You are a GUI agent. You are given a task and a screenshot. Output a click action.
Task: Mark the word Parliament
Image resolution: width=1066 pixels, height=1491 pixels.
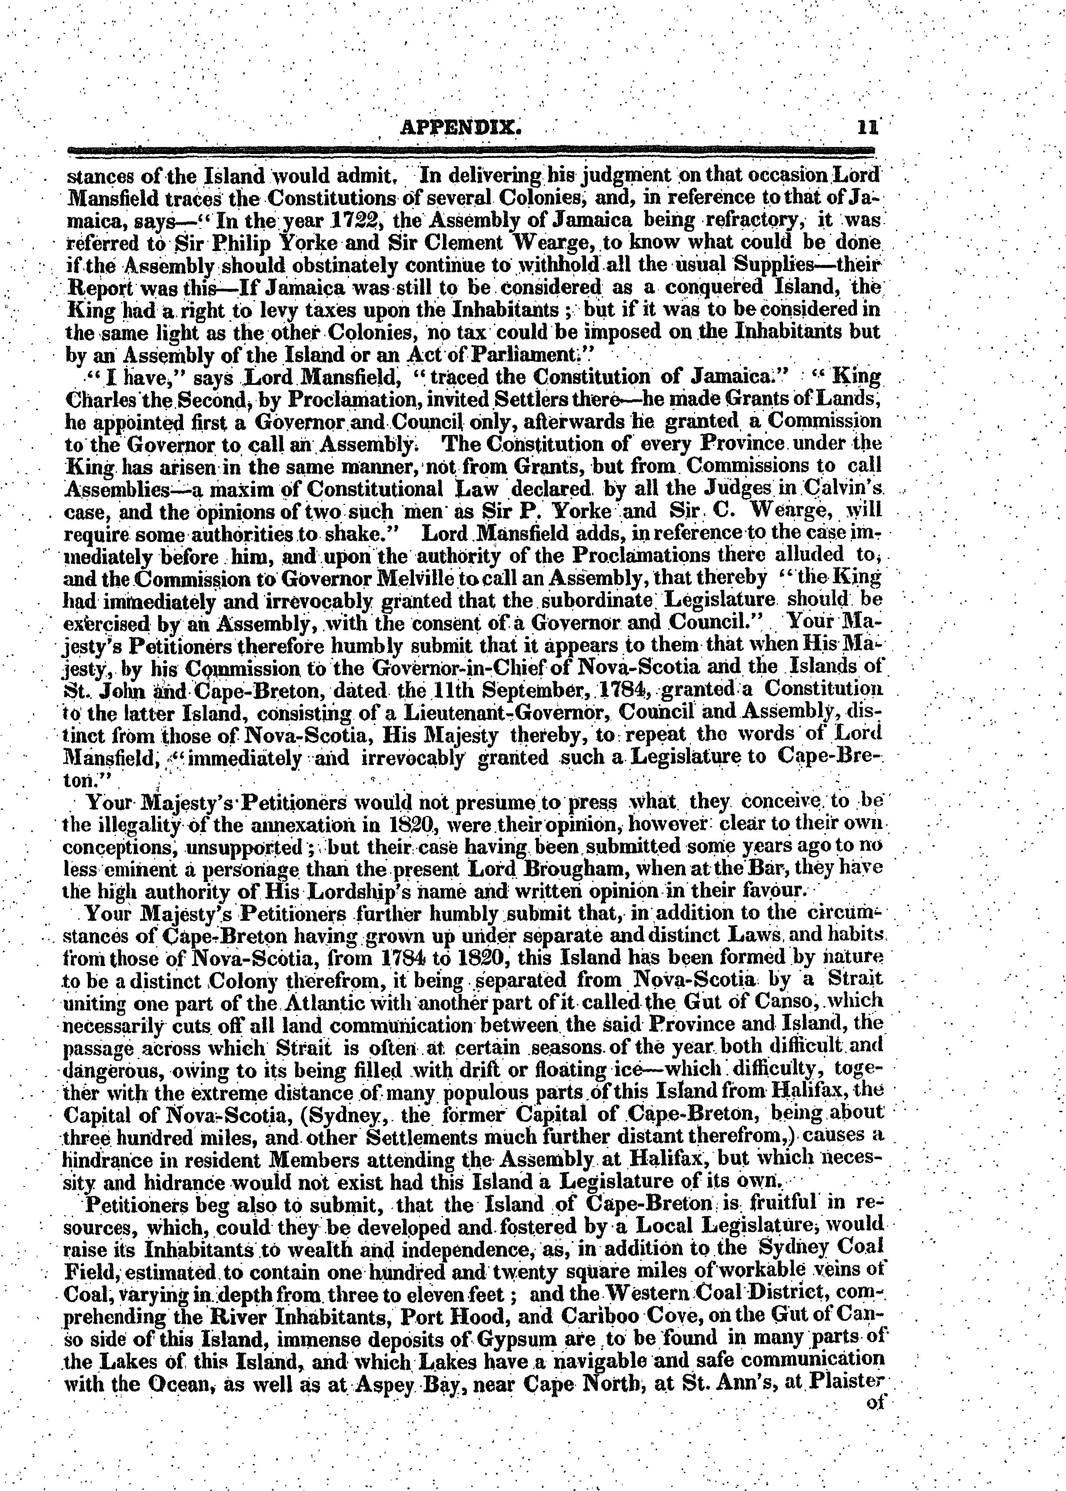(531, 355)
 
